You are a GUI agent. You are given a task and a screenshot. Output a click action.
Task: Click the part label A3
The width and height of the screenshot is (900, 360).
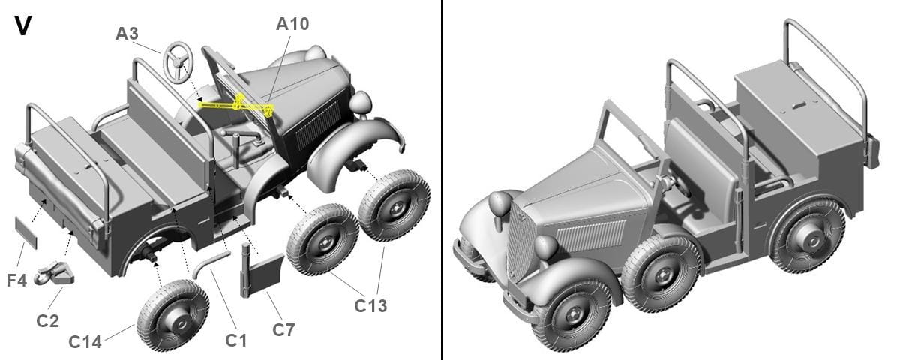click(127, 34)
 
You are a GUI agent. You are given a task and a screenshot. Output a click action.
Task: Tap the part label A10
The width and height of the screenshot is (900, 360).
click(292, 24)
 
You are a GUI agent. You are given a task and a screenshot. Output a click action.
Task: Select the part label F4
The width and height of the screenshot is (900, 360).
click(16, 280)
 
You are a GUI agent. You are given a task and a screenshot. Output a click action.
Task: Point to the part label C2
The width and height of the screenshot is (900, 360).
click(47, 321)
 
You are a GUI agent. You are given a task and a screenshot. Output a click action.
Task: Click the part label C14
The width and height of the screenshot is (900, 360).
click(85, 342)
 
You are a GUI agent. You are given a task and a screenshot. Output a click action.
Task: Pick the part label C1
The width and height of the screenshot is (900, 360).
click(235, 340)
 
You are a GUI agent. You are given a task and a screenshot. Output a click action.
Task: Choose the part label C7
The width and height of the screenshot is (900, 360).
click(283, 330)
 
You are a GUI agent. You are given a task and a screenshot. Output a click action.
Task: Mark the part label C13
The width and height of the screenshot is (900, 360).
click(370, 306)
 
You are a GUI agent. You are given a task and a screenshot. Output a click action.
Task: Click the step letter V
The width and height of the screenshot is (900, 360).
click(23, 26)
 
